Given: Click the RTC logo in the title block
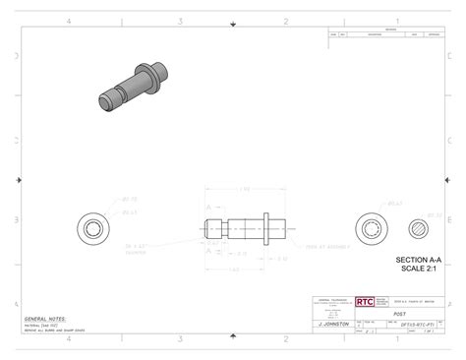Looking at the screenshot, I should (x=364, y=303).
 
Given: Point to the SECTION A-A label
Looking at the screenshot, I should (x=419, y=260).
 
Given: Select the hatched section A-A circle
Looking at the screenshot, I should (x=420, y=228).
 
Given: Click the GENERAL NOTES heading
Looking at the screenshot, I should (x=45, y=320).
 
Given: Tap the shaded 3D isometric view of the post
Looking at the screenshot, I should (x=132, y=86).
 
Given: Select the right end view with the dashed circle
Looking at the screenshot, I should (x=371, y=228).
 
